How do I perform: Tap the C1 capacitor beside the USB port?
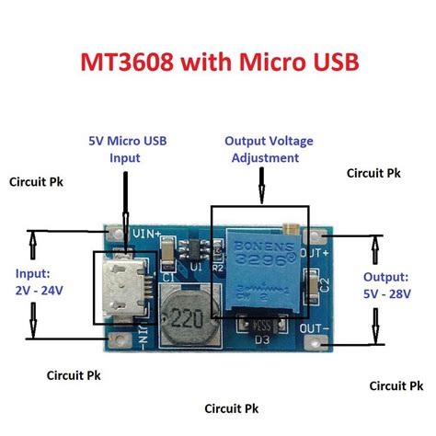pyautogui.click(x=168, y=267)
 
